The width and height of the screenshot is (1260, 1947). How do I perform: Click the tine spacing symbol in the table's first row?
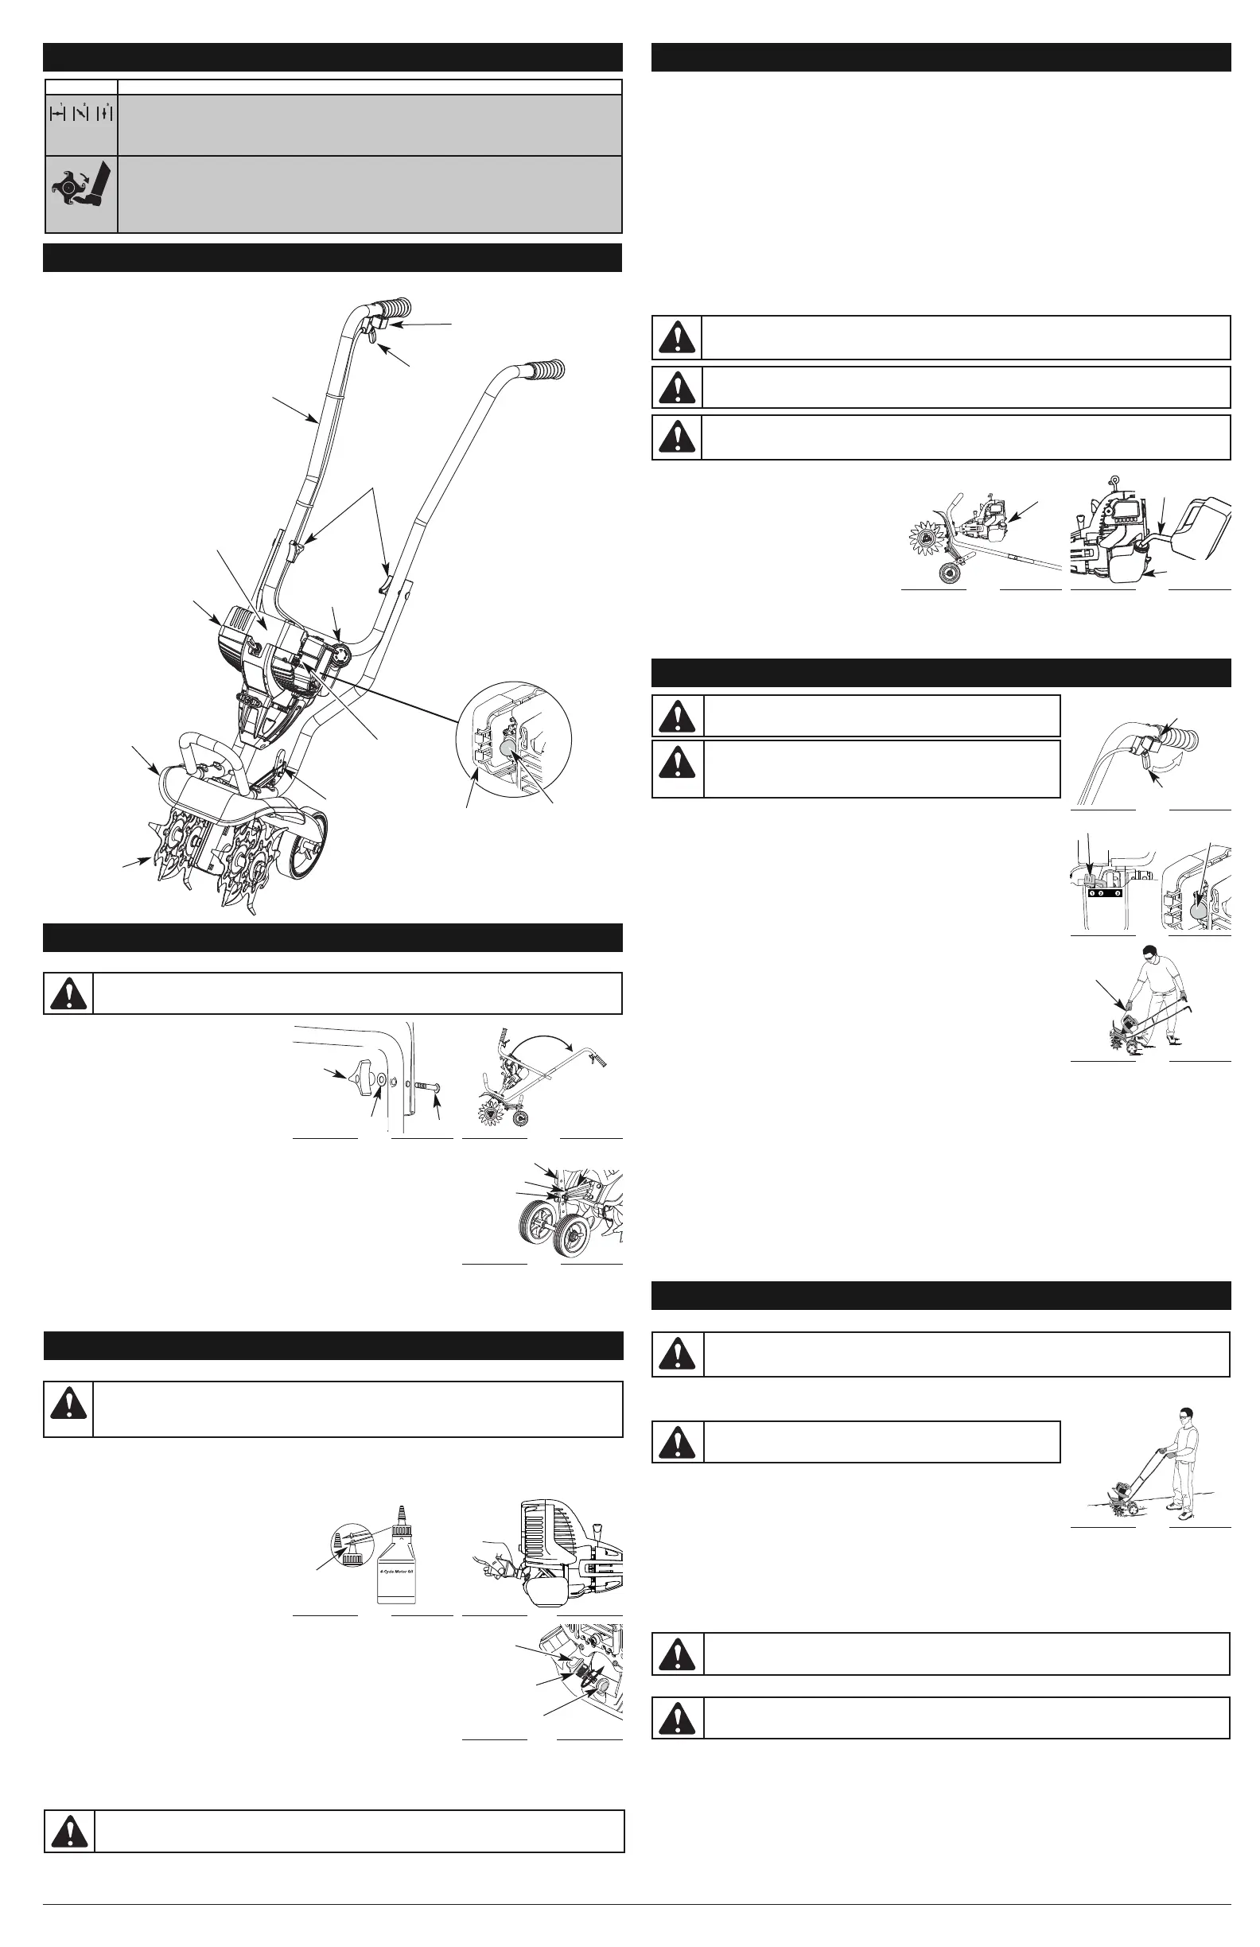coord(80,114)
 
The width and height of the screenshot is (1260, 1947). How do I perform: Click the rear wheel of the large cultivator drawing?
coord(307,846)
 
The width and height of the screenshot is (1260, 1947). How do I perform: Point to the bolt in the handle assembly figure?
coord(427,1086)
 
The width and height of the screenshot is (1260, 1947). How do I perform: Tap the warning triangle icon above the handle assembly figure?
coord(68,993)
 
